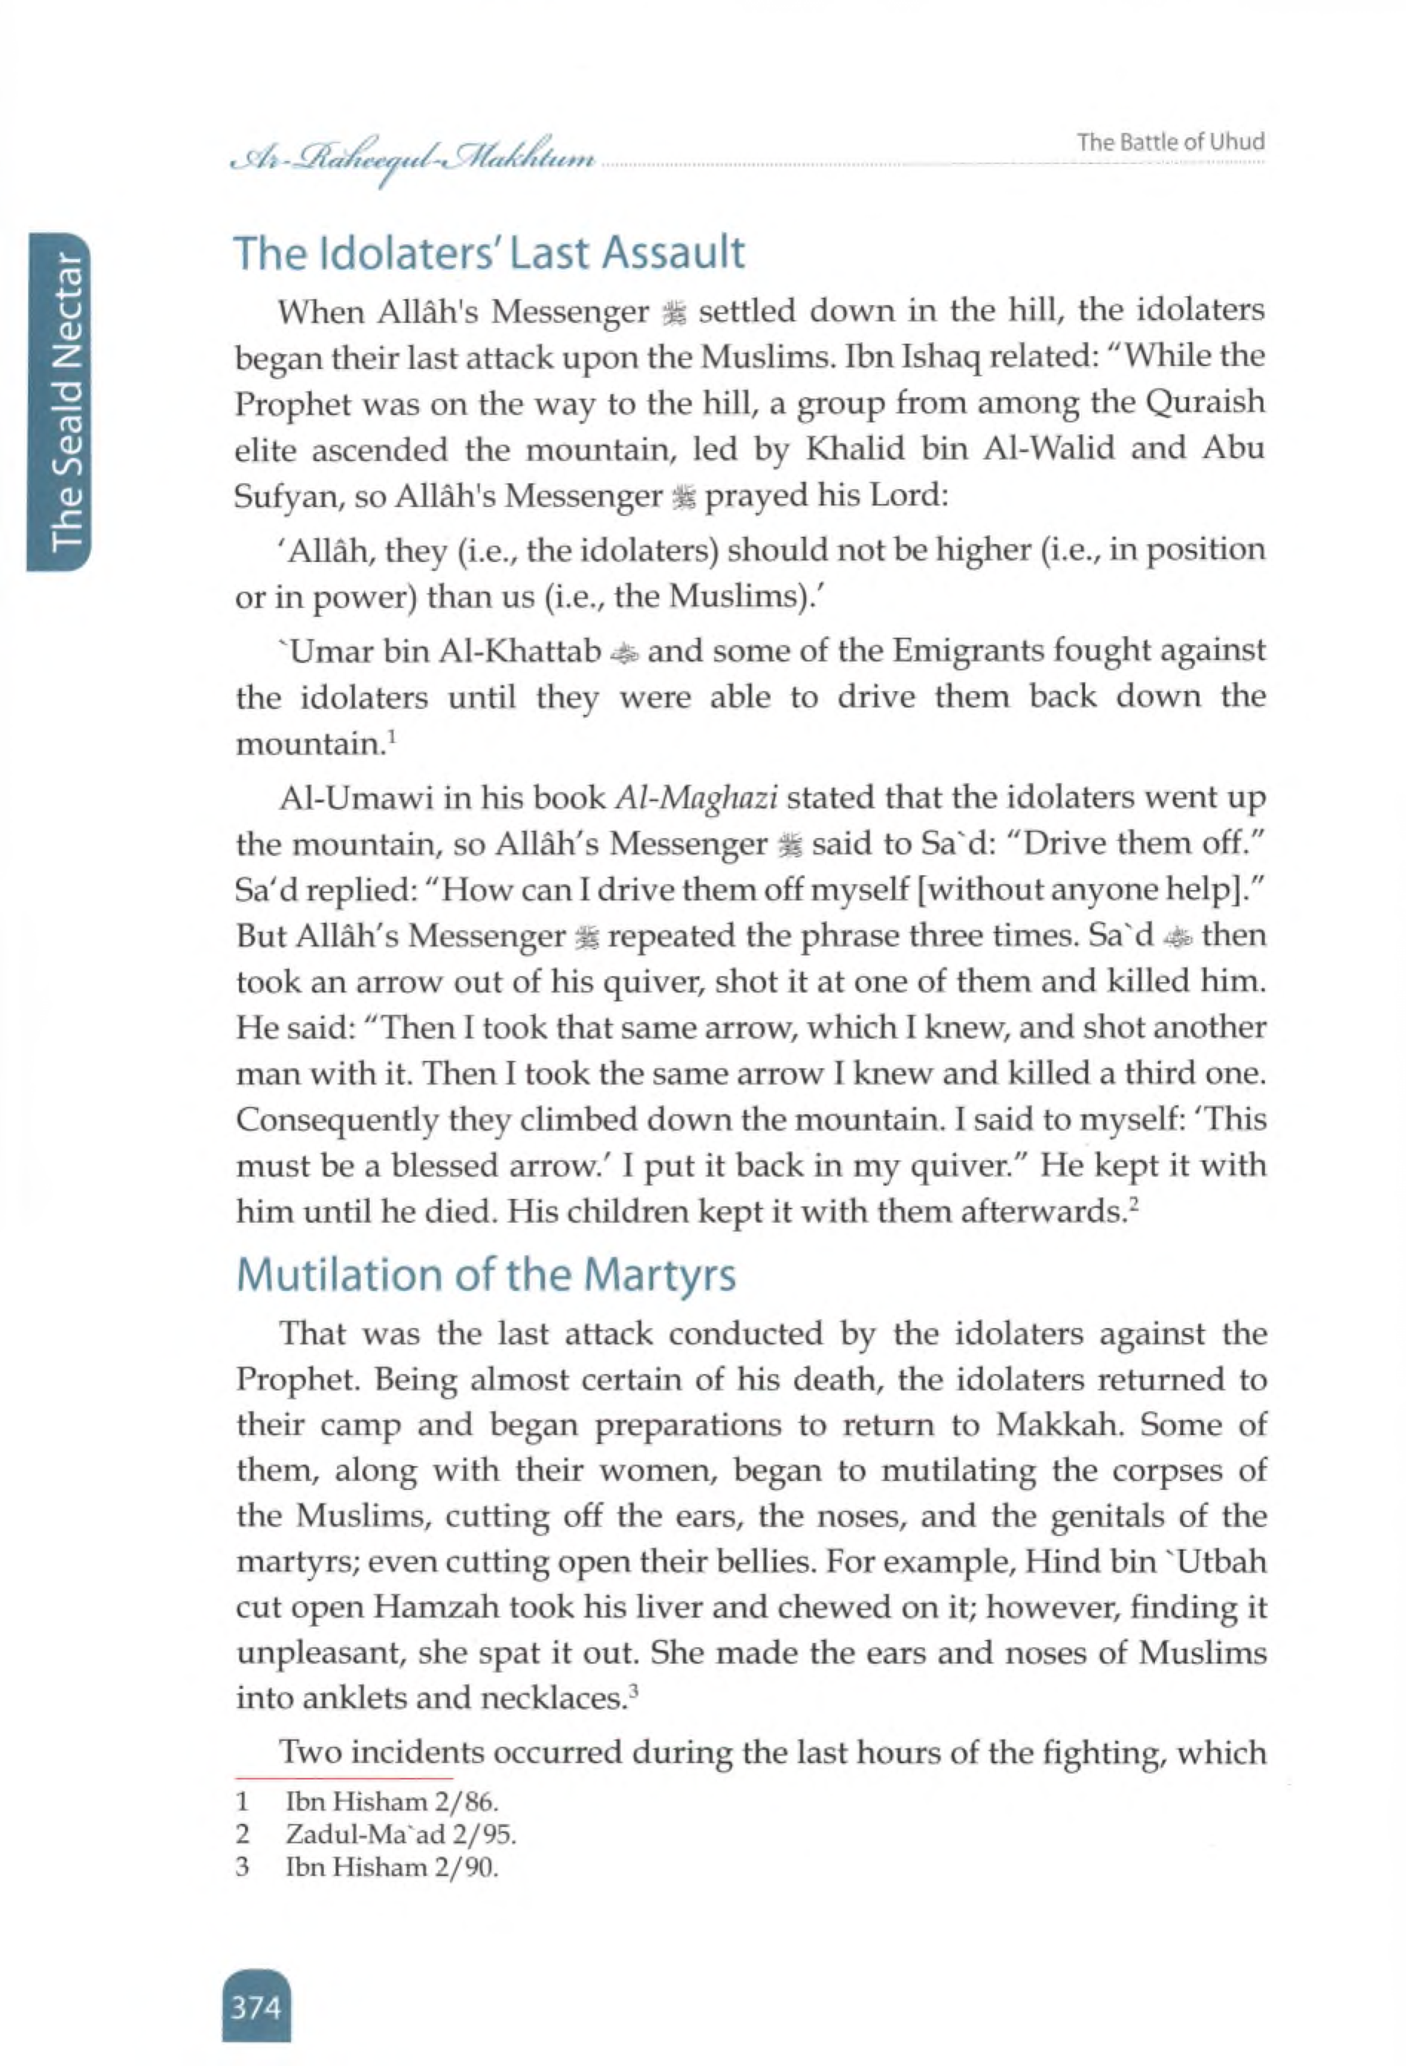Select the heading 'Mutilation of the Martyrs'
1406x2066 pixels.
click(486, 1275)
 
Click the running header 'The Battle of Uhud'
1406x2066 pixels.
click(1170, 143)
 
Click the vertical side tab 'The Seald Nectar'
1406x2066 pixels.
click(67, 401)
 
